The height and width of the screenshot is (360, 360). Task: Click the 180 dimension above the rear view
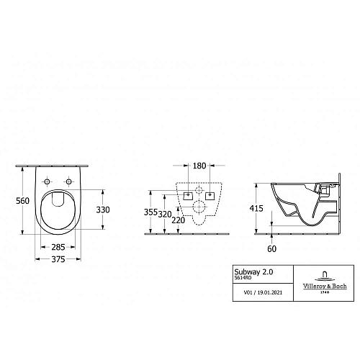(x=199, y=166)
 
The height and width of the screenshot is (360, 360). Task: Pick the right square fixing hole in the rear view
(x=211, y=195)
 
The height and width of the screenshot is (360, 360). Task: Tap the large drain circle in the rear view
(x=198, y=208)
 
